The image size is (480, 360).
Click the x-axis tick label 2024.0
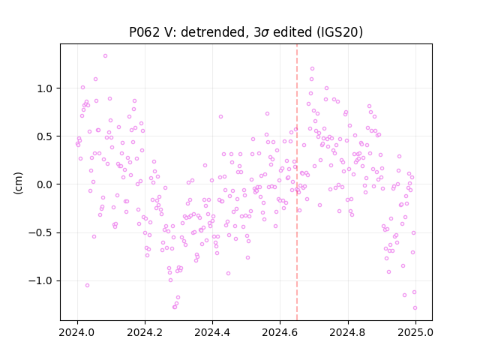[77, 332]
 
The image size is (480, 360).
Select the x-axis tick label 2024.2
[145, 332]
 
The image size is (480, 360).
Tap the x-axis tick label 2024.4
[212, 332]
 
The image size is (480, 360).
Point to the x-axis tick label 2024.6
[280, 332]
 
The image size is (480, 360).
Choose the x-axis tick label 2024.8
[347, 332]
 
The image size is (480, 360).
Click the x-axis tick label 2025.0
[415, 332]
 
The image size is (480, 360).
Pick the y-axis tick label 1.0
[45, 88]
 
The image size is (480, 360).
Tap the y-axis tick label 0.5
[45, 136]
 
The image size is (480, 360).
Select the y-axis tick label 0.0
[45, 184]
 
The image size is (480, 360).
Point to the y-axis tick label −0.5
[41, 232]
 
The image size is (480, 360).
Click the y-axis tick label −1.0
[41, 280]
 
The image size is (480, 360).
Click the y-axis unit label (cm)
[18, 183]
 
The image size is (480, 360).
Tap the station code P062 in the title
[145, 32]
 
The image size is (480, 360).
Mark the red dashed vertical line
[297, 182]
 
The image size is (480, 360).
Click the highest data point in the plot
[105, 56]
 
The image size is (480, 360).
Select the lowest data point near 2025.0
[415, 308]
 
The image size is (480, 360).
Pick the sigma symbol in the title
[265, 33]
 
